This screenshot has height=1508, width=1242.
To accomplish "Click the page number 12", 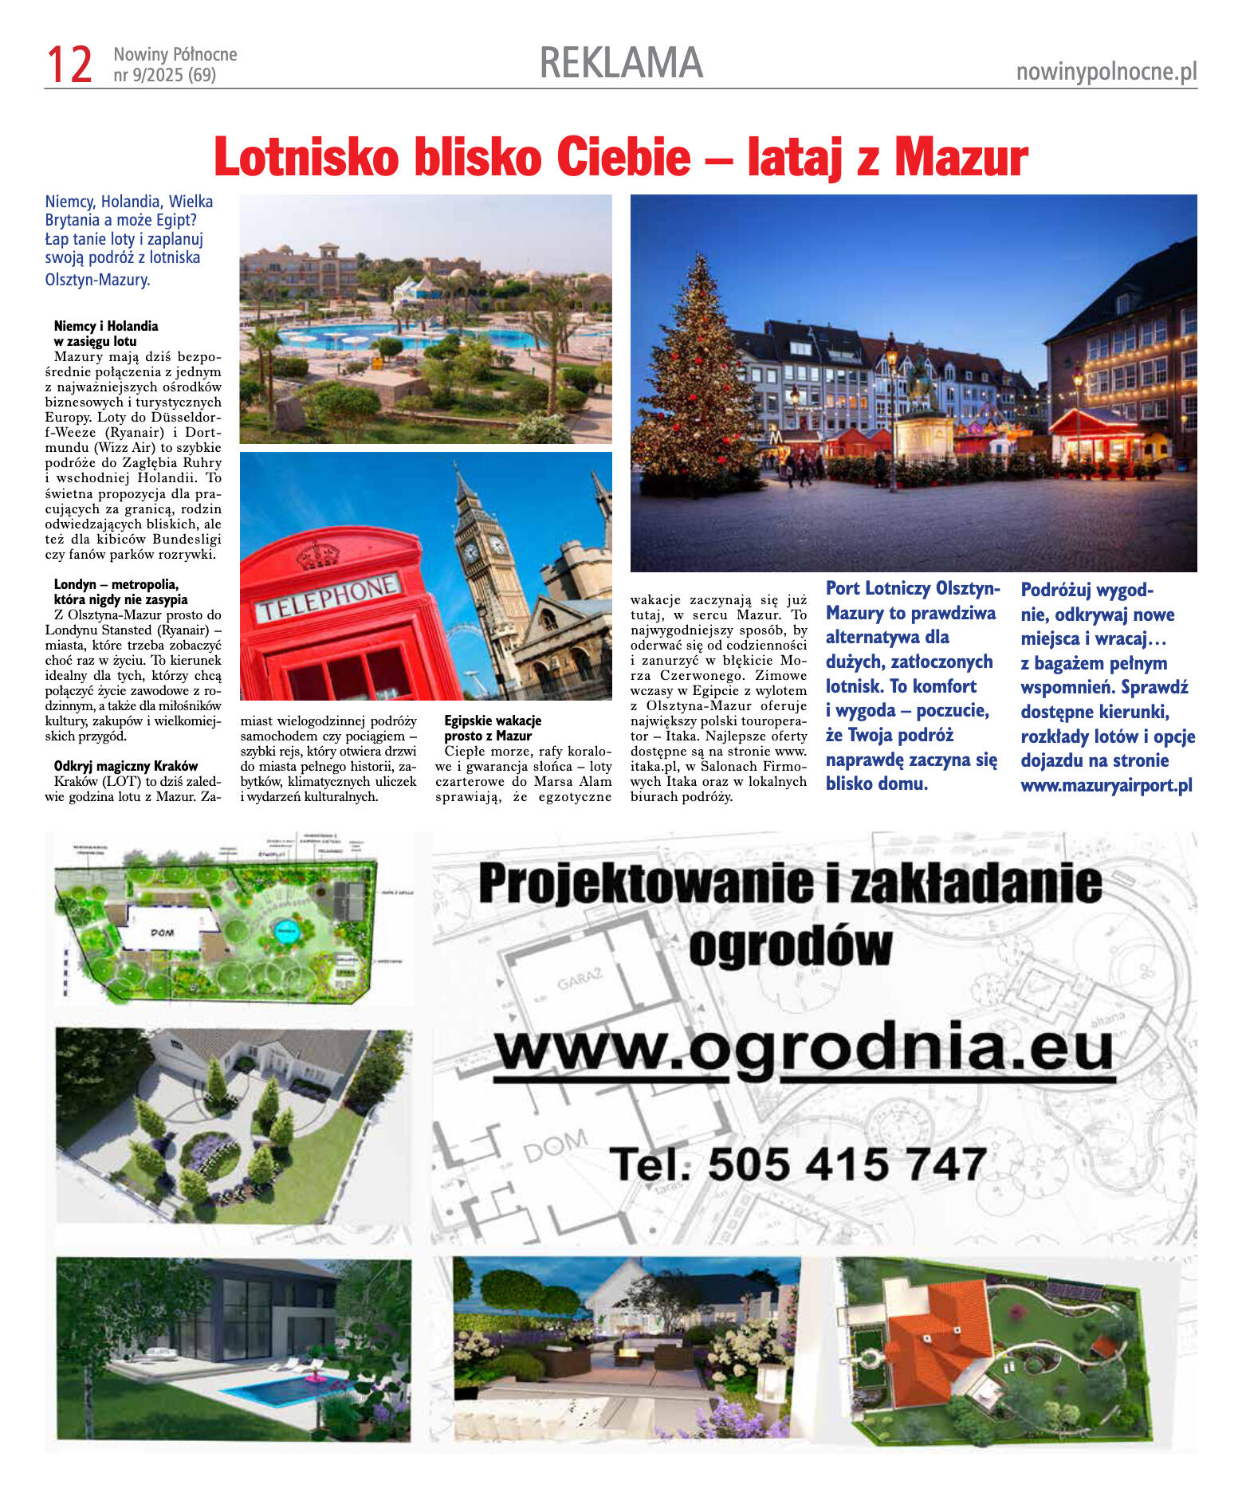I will click(69, 65).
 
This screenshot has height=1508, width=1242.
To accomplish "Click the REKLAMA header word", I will click(621, 63).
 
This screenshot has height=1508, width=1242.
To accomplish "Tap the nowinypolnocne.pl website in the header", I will click(1106, 72).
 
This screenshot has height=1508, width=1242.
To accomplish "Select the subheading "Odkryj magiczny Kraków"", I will click(126, 766).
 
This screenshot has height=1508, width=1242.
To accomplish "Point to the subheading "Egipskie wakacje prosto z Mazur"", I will click(493, 728).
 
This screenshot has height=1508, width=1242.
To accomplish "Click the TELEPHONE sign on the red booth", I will click(327, 597).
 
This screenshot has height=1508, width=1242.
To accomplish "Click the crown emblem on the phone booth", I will click(317, 554).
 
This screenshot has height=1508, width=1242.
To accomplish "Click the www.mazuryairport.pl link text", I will click(1106, 785).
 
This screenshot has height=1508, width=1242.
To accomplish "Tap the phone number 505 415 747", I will click(847, 1164).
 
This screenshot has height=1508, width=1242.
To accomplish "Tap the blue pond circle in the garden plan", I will click(285, 930).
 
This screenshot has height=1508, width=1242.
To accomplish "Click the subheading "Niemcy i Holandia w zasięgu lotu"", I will click(106, 333).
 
